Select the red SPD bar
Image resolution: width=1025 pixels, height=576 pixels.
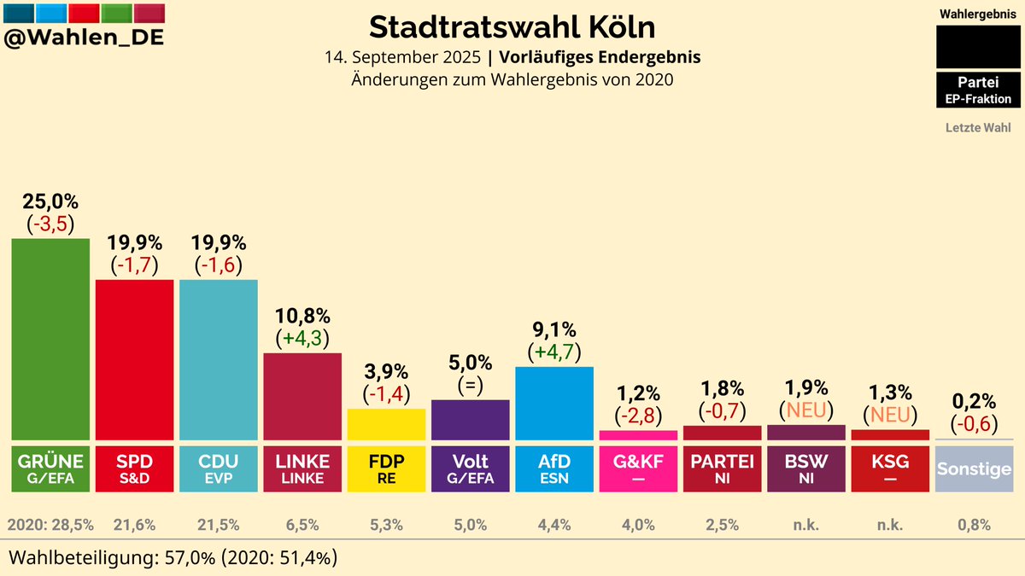[134, 359]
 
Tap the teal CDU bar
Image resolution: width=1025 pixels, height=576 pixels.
[218, 359]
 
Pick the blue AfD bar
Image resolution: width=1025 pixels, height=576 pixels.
[553, 403]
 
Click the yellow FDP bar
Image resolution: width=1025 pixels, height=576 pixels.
[386, 424]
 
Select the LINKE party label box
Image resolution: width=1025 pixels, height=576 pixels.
[302, 468]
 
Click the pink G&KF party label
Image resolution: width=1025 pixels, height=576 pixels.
[637, 468]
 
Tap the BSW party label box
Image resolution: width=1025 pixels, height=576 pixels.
[805, 468]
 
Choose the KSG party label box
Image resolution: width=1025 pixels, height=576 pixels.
[889, 468]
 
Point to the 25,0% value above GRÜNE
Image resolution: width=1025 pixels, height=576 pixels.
[50, 202]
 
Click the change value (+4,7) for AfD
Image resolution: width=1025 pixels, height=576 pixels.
[553, 352]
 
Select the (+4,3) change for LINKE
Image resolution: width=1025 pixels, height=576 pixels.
[302, 338]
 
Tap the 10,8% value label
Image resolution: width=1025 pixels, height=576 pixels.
[302, 316]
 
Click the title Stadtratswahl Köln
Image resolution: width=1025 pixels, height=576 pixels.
[512, 26]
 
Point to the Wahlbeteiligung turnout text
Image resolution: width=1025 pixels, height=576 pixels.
[172, 558]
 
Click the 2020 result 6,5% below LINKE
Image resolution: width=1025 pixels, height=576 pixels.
[302, 524]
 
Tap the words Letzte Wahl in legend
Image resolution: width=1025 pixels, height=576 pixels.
[978, 128]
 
